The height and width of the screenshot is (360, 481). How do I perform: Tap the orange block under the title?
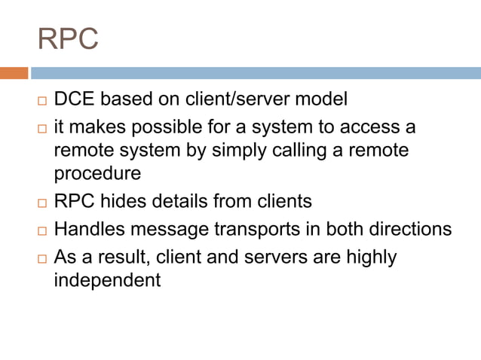coord(14,73)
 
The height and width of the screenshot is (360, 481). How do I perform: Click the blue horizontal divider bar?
coord(256,73)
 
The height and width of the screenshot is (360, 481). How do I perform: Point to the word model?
coord(322,99)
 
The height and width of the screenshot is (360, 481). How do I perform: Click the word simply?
coord(252,150)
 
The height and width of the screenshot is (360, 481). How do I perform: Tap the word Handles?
coord(90,228)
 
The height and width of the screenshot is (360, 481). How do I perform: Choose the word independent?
coord(107,280)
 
